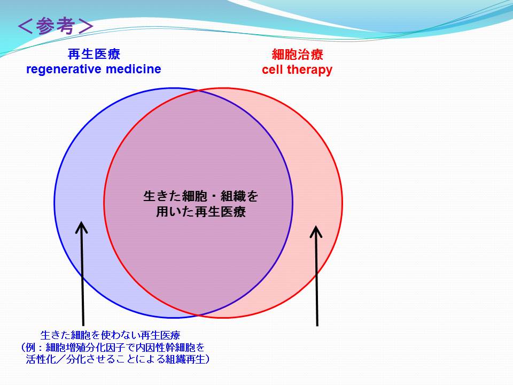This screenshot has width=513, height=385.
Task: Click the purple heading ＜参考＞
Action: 56,26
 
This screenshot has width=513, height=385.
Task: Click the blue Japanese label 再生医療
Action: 94,54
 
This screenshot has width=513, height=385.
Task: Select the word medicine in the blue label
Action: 134,69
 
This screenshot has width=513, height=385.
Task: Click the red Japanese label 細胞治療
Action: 298,55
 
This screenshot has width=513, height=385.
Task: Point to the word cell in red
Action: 272,70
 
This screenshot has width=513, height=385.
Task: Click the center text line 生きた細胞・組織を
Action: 200,196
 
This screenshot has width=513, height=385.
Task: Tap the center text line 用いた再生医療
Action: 200,212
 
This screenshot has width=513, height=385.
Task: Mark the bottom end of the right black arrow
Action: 317,326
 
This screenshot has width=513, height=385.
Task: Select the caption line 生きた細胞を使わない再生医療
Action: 110,335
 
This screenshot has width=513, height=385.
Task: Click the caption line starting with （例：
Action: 112,348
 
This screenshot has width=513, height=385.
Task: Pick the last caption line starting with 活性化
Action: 118,359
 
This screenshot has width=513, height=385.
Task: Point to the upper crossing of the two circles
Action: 199,91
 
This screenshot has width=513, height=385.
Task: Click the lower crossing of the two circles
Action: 199,315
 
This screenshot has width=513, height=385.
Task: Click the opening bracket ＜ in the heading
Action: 25,26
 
